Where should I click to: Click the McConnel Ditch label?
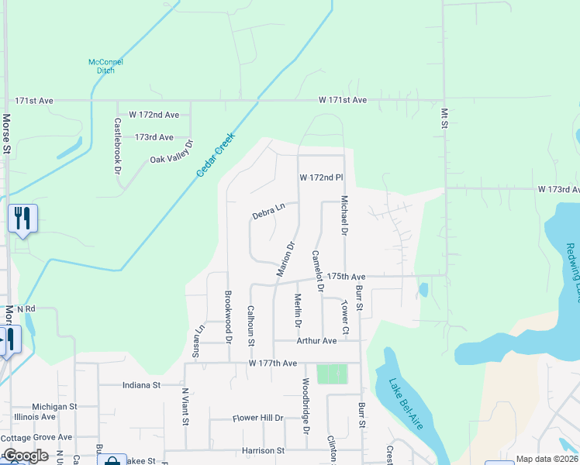pyautogui.click(x=106, y=67)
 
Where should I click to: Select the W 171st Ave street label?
pyautogui.click(x=342, y=100)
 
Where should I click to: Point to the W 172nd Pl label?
pyautogui.click(x=321, y=177)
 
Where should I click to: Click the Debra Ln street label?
pyautogui.click(x=269, y=210)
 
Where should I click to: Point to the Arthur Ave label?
pyautogui.click(x=316, y=340)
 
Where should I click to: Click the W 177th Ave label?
pyautogui.click(x=273, y=363)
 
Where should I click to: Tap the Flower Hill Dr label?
pyautogui.click(x=258, y=418)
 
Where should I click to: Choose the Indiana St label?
pyautogui.click(x=141, y=384)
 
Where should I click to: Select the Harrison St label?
pyautogui.click(x=263, y=450)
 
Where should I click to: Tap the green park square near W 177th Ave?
pyautogui.click(x=332, y=374)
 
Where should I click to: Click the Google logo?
pyautogui.click(x=25, y=456)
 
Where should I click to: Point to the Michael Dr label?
pyautogui.click(x=344, y=215)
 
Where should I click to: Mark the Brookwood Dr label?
pyautogui.click(x=229, y=315)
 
